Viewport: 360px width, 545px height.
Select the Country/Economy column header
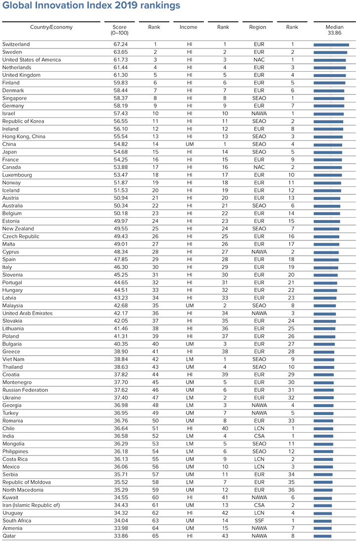51,27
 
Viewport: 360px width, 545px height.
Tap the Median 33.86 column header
334,30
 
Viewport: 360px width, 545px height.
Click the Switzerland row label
16,45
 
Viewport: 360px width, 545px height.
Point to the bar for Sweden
330,52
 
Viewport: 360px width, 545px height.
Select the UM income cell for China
189,144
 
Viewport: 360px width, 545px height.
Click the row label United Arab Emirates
28,313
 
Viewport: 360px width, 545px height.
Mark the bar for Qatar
322,536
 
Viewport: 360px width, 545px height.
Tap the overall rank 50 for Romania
154,421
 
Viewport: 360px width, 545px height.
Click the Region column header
258,27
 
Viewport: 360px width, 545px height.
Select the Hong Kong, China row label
23,137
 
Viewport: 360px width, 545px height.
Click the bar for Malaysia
325,306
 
